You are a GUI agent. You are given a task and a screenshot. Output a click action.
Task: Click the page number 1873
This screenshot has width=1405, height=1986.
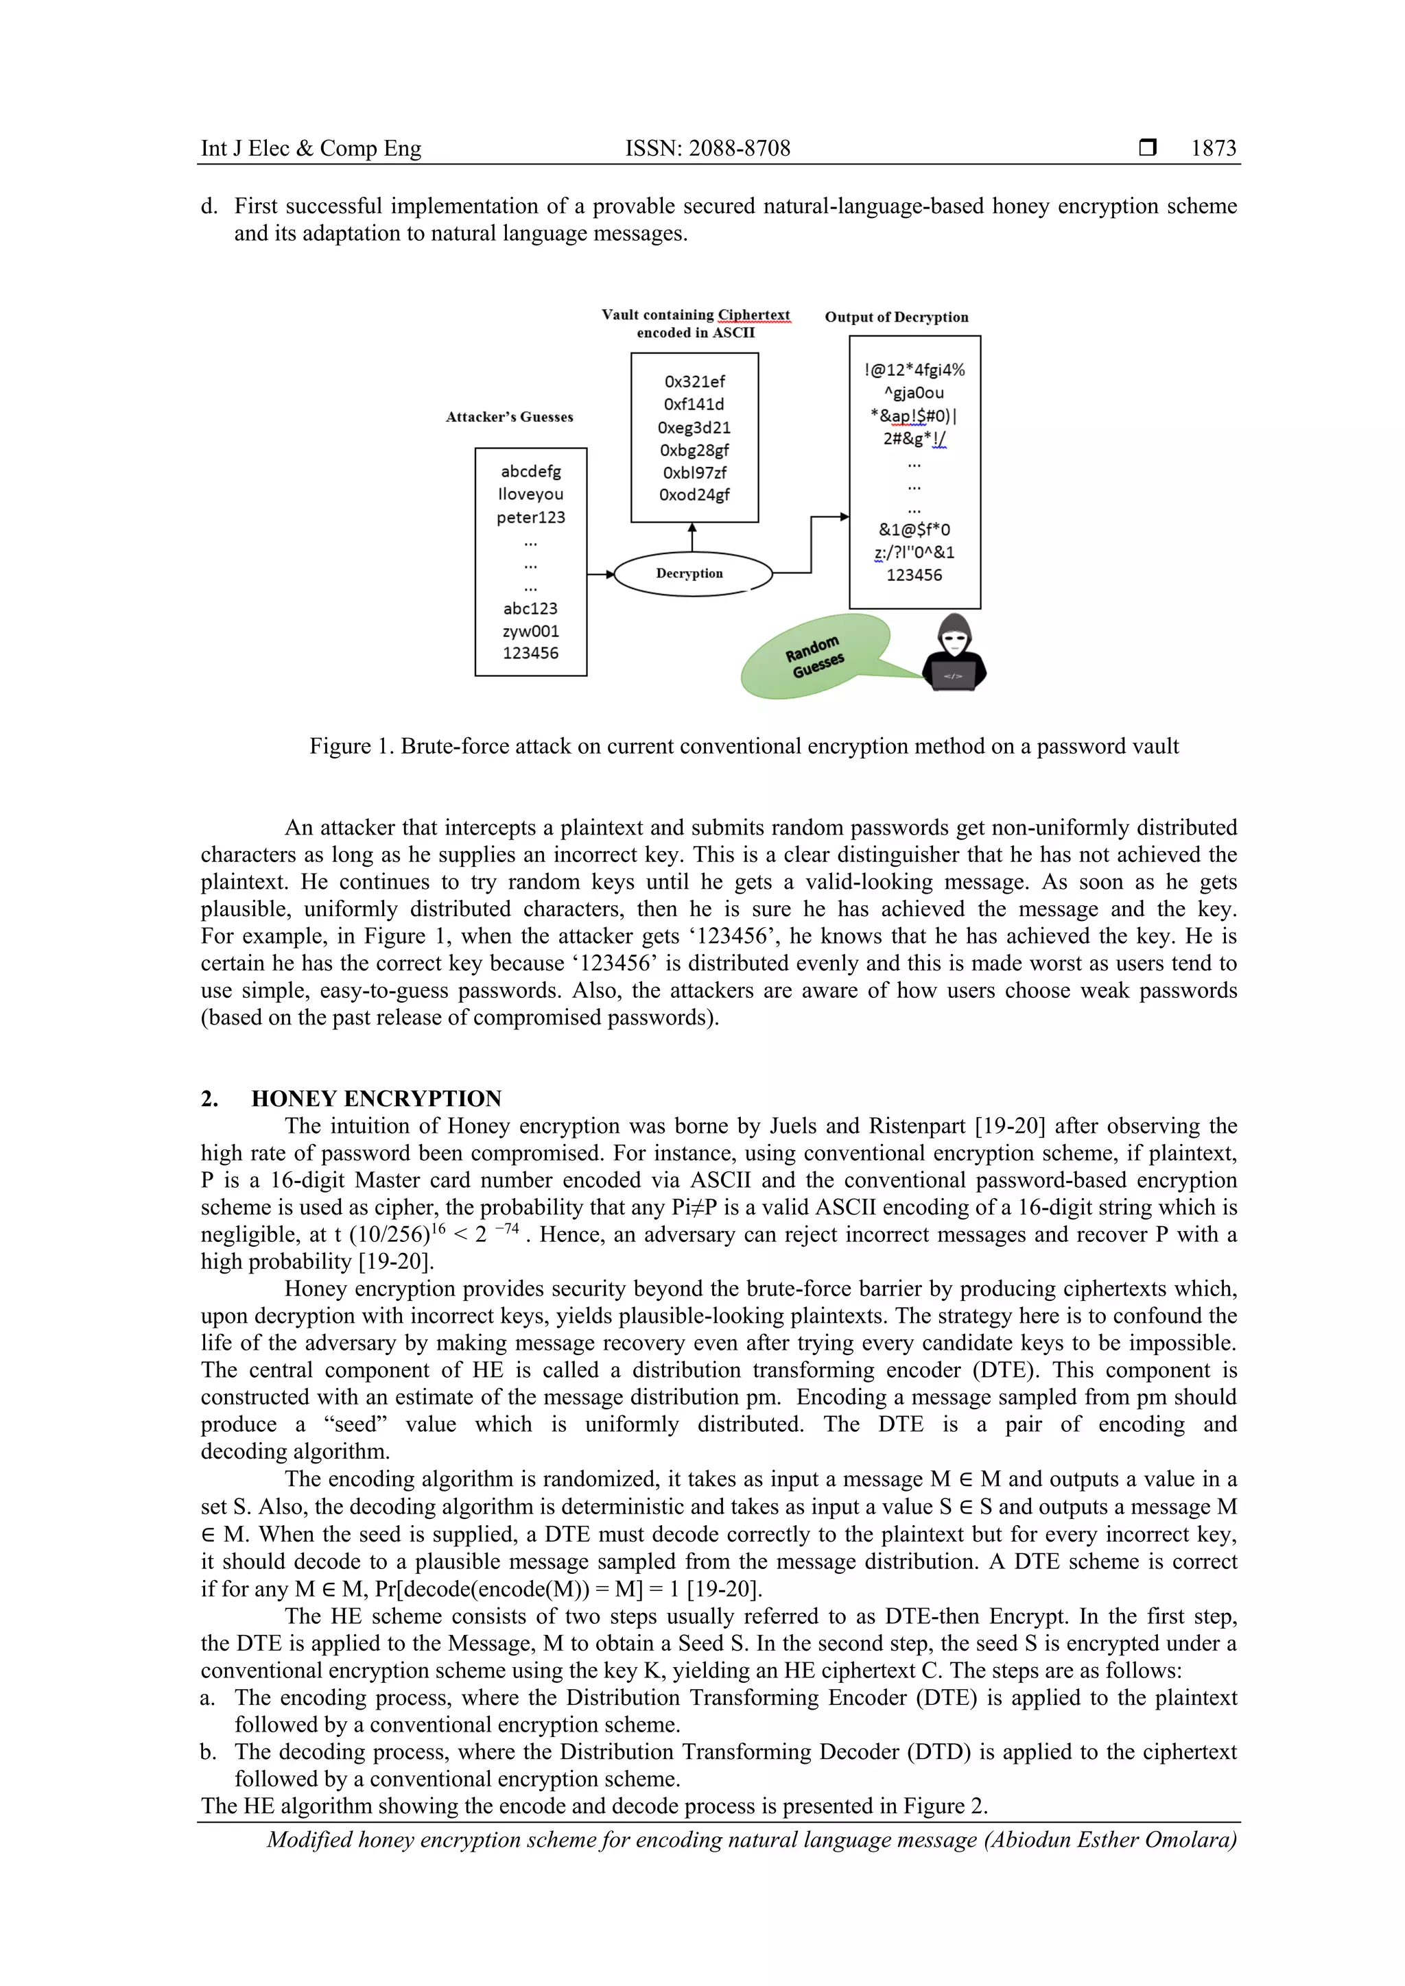click(x=1213, y=148)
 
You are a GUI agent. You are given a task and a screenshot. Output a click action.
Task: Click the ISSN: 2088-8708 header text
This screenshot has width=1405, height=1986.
click(x=708, y=148)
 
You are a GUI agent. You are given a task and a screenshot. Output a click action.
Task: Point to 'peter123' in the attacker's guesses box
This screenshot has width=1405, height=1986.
click(x=530, y=517)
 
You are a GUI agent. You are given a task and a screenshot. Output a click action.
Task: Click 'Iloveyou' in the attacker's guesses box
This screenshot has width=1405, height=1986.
click(x=530, y=494)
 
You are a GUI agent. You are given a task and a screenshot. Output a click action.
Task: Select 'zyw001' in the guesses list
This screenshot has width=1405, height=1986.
click(x=530, y=632)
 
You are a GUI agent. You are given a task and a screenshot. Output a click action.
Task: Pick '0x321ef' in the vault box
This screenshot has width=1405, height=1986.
click(x=694, y=381)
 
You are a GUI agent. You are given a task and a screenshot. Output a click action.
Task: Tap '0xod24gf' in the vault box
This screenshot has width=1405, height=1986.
click(x=694, y=494)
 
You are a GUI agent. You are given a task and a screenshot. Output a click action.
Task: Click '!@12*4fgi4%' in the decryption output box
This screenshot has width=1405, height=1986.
click(x=914, y=370)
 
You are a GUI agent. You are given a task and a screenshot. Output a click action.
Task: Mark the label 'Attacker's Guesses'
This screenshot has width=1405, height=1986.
click(x=509, y=417)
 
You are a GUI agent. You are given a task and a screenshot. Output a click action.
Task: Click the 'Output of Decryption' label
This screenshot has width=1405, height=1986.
click(x=896, y=317)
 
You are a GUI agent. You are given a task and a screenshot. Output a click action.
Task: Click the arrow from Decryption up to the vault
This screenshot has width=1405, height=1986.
click(x=692, y=536)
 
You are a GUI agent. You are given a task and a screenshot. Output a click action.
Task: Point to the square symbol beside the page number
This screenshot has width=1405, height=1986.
click(x=1147, y=148)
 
